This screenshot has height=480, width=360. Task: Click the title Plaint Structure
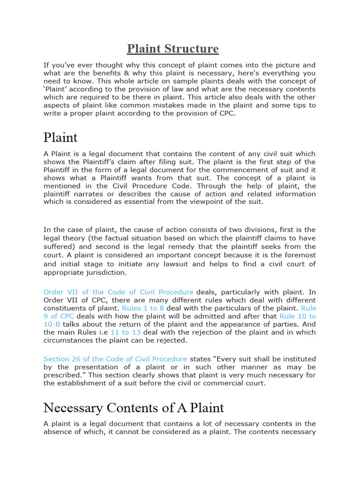tap(173, 49)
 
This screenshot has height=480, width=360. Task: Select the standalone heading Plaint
tap(60, 137)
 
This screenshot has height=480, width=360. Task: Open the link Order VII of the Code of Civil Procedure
tap(119, 292)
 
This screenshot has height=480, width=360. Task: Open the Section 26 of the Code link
tap(115, 359)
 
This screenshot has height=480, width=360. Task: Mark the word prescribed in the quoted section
tap(63, 375)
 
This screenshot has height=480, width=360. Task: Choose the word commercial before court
tap(220, 383)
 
